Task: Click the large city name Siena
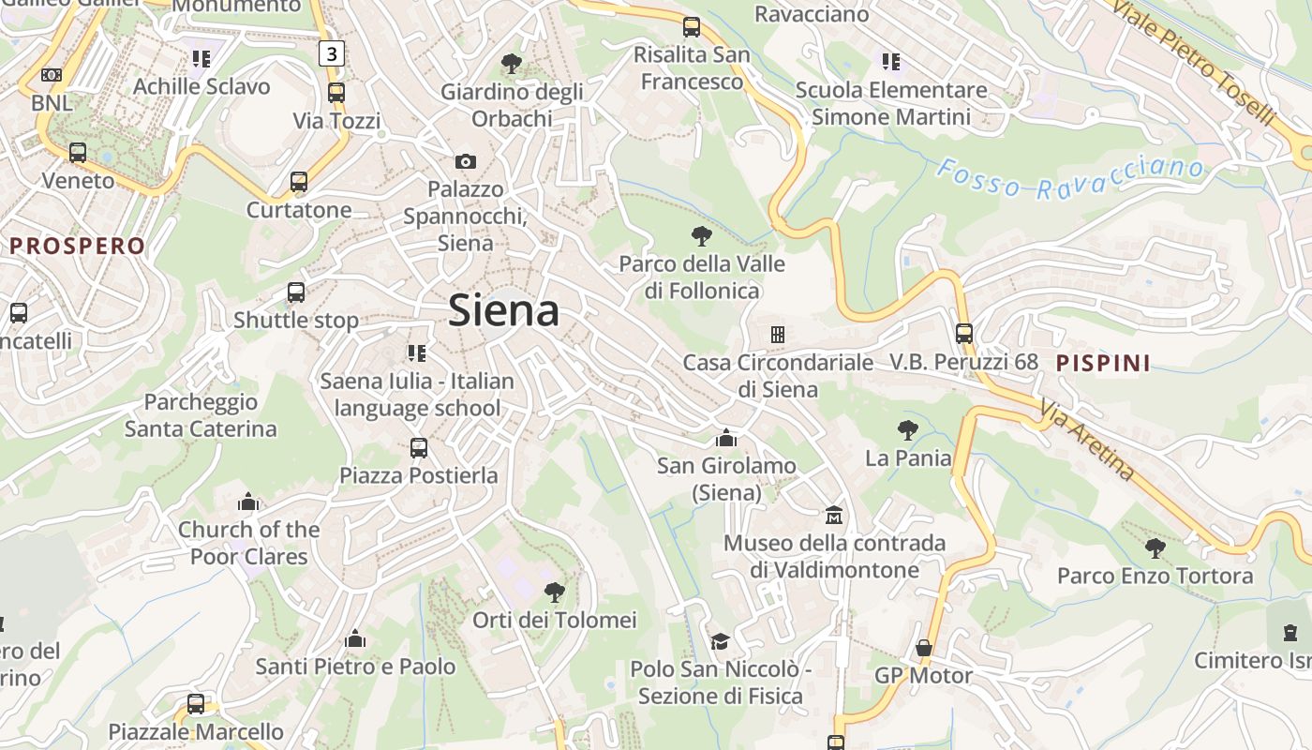503,310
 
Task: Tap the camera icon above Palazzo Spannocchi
466,161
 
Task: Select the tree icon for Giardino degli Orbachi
511,63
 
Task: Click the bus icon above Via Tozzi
335,92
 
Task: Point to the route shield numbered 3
332,54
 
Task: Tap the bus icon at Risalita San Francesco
692,27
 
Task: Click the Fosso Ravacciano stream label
1069,177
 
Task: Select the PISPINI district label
1103,363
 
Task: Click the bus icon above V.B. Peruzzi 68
963,333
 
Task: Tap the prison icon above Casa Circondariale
777,334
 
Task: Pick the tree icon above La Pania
907,430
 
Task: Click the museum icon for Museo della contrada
833,515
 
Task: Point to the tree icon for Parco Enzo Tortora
1155,547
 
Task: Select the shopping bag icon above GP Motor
923,648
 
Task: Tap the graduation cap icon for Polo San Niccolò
720,641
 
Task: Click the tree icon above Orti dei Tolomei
554,592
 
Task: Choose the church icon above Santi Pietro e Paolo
355,639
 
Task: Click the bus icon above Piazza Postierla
419,447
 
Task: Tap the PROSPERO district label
78,247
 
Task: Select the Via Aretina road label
1087,439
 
